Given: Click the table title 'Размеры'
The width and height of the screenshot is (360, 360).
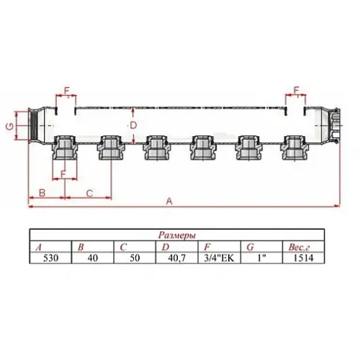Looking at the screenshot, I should [x=175, y=235].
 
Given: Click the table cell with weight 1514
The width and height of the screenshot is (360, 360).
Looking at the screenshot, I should [x=301, y=257].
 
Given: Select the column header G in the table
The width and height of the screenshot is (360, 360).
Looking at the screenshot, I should [x=249, y=246].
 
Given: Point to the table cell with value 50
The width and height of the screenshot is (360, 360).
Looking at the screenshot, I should [x=134, y=257].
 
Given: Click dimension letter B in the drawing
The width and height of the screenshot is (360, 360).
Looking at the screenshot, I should [x=42, y=192].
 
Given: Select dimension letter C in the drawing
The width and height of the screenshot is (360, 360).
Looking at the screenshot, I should [x=89, y=192].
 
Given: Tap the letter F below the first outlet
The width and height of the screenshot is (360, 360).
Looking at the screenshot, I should [x=63, y=174].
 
